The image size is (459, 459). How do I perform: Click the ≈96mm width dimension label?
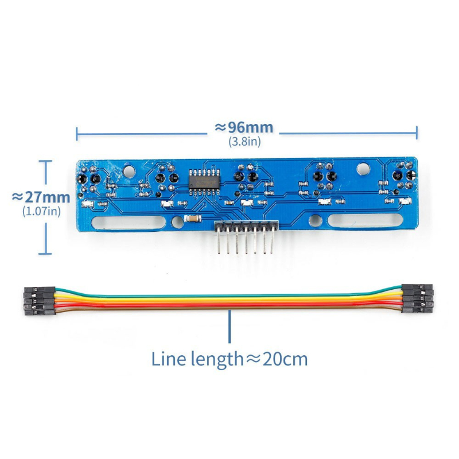244,128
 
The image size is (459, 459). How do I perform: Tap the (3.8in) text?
244,142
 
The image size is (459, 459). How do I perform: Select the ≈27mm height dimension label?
41,197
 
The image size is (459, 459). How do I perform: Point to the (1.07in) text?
41,211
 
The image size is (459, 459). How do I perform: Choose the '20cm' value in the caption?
285,360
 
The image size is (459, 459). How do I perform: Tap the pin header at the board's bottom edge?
246,236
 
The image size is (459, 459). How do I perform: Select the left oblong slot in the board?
129,223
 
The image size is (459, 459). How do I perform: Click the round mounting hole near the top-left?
129,172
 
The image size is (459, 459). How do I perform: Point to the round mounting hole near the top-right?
363,169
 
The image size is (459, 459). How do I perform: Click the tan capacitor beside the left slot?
193,219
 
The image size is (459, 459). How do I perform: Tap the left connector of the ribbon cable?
40,301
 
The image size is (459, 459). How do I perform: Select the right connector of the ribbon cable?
417,298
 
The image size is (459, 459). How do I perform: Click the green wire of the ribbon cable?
228,295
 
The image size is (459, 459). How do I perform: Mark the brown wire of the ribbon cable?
228,308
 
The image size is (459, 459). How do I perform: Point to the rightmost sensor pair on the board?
404,176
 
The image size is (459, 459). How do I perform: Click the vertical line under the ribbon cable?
229,326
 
